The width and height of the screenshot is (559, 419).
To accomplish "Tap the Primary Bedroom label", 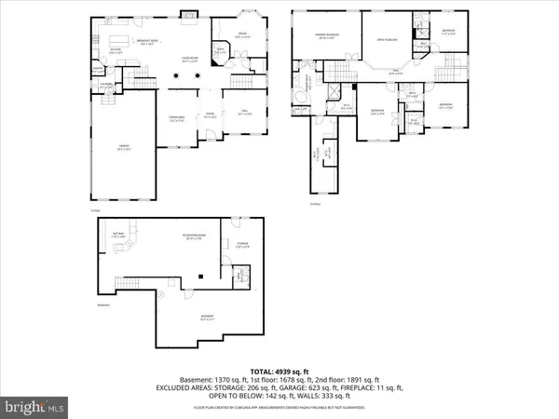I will click(x=327, y=37).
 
